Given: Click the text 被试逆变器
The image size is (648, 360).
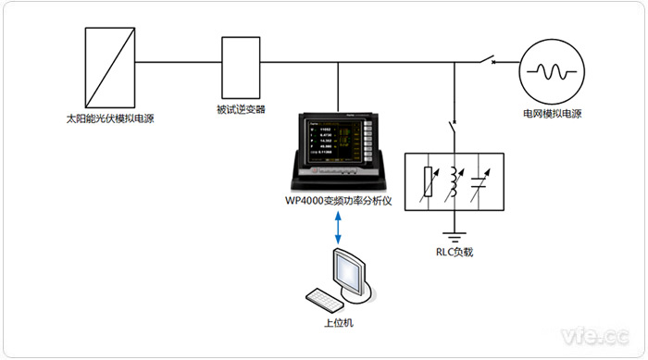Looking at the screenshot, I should (x=241, y=109).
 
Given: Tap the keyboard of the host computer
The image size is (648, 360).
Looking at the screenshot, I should (x=325, y=299).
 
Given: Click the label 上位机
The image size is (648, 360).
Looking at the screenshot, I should (x=338, y=323).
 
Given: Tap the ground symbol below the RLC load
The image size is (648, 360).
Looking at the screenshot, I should (x=454, y=233).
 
